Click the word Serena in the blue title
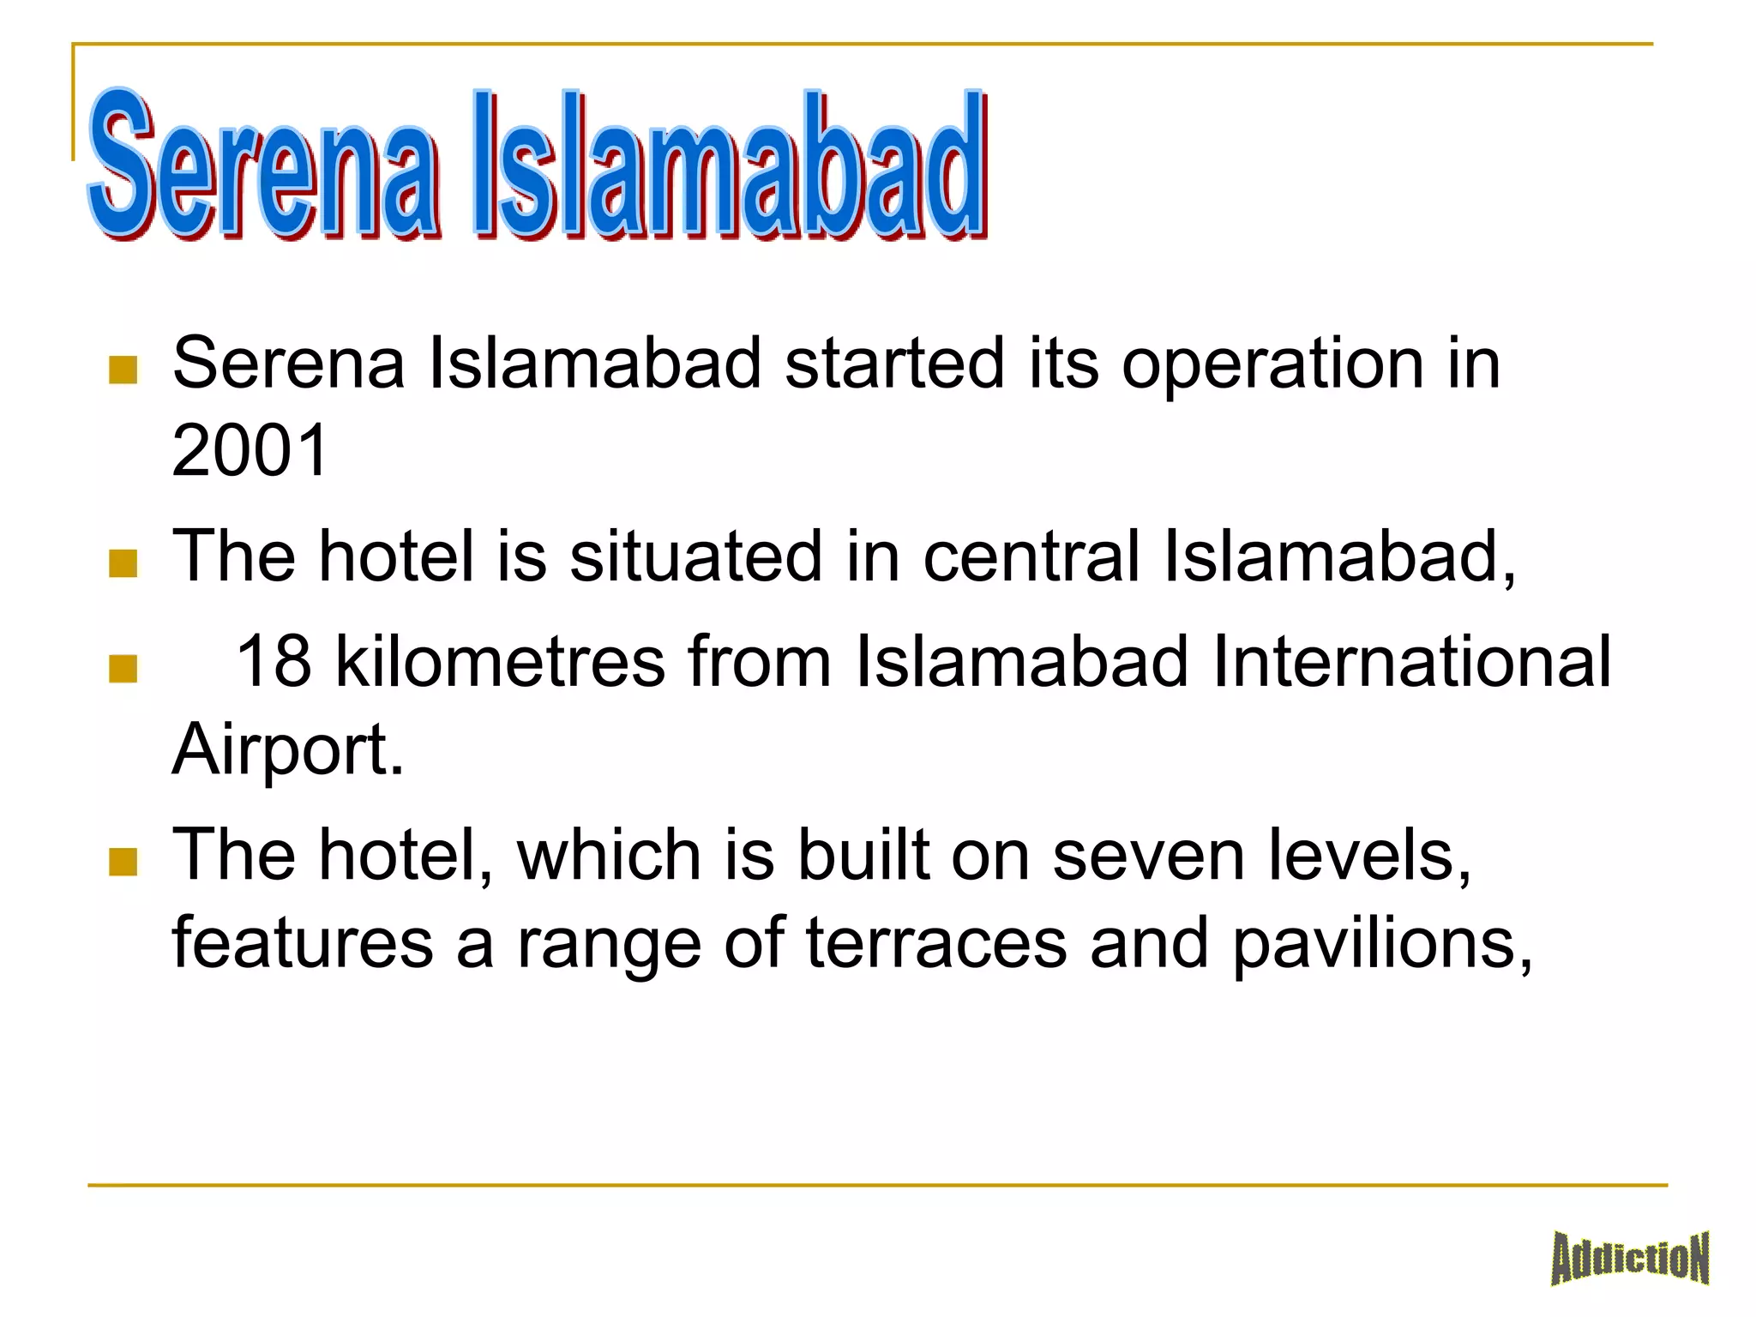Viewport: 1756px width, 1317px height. pyautogui.click(x=262, y=167)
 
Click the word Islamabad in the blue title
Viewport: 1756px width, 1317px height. pyautogui.click(x=729, y=167)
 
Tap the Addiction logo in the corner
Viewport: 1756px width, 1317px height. pyautogui.click(x=1629, y=1259)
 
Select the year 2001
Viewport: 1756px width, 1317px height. pyautogui.click(x=250, y=451)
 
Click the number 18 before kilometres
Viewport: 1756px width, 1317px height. pyautogui.click(x=273, y=662)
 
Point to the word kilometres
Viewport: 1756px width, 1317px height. pyautogui.click(x=500, y=662)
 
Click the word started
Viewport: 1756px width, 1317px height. pyautogui.click(x=893, y=364)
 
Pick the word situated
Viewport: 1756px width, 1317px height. pyautogui.click(x=695, y=556)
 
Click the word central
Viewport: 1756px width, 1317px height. pyautogui.click(x=1031, y=556)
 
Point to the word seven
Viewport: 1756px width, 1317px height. pyautogui.click(x=1148, y=856)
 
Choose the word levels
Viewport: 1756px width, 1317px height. pyautogui.click(x=1369, y=856)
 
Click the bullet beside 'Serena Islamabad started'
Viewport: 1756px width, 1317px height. pyautogui.click(x=123, y=370)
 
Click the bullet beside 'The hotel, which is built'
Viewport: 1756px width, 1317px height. pyautogui.click(x=123, y=862)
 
